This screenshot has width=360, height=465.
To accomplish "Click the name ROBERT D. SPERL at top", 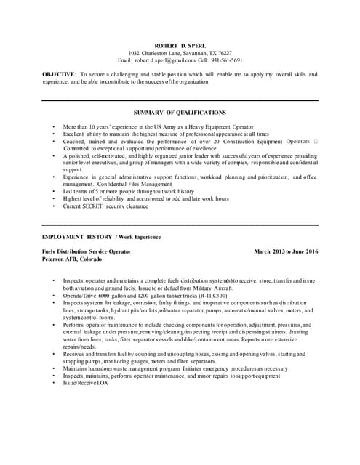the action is click(180, 45).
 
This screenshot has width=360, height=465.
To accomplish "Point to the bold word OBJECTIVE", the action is click(58, 75).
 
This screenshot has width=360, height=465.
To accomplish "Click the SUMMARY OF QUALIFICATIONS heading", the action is click(180, 113).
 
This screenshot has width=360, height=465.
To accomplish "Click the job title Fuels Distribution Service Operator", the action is click(87, 251).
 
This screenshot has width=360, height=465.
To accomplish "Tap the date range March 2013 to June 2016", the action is click(286, 251).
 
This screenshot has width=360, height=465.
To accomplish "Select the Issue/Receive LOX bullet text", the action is click(80, 382).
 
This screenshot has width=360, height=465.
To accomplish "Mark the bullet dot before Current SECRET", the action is click(53, 206).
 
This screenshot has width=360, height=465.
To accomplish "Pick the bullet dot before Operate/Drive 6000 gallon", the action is click(53, 296).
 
